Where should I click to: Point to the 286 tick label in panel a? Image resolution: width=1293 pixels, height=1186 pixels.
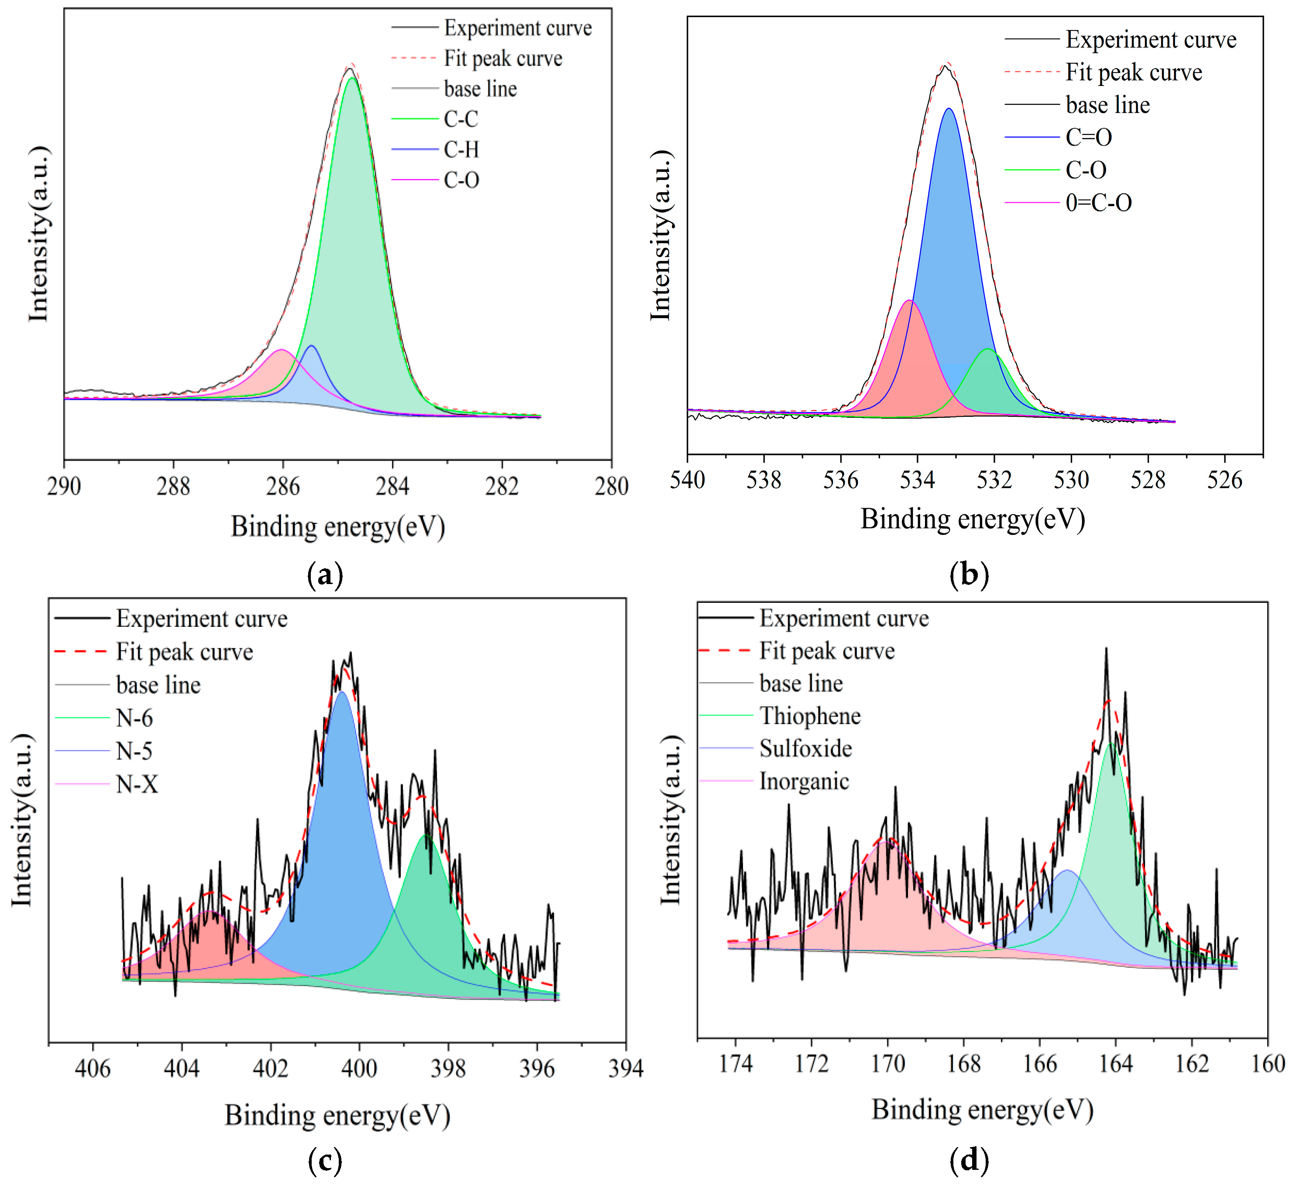[282, 486]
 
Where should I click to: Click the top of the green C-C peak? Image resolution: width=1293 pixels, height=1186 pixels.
[351, 78]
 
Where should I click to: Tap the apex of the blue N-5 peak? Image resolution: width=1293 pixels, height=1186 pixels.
[342, 692]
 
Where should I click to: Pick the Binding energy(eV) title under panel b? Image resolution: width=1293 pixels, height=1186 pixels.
[973, 519]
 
